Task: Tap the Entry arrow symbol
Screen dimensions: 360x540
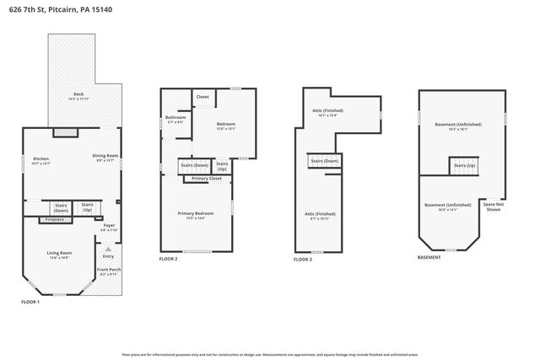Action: pyautogui.click(x=108, y=250)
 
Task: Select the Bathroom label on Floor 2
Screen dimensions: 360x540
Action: pyautogui.click(x=175, y=120)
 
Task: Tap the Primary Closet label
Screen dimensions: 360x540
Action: pyautogui.click(x=207, y=179)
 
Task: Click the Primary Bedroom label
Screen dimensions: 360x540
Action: pyautogui.click(x=196, y=216)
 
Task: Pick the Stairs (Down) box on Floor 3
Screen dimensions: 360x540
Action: pyautogui.click(x=325, y=161)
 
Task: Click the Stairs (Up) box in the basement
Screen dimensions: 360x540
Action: pyautogui.click(x=465, y=166)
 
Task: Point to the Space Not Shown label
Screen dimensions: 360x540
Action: pyautogui.click(x=493, y=207)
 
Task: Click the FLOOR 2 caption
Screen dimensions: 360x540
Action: pyautogui.click(x=168, y=259)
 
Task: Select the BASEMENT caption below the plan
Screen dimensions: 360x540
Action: pyautogui.click(x=429, y=257)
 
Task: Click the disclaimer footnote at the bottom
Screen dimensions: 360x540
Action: pyautogui.click(x=270, y=356)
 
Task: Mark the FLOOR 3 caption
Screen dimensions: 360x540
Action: pyautogui.click(x=303, y=260)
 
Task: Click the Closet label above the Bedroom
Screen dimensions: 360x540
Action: pyautogui.click(x=202, y=97)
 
